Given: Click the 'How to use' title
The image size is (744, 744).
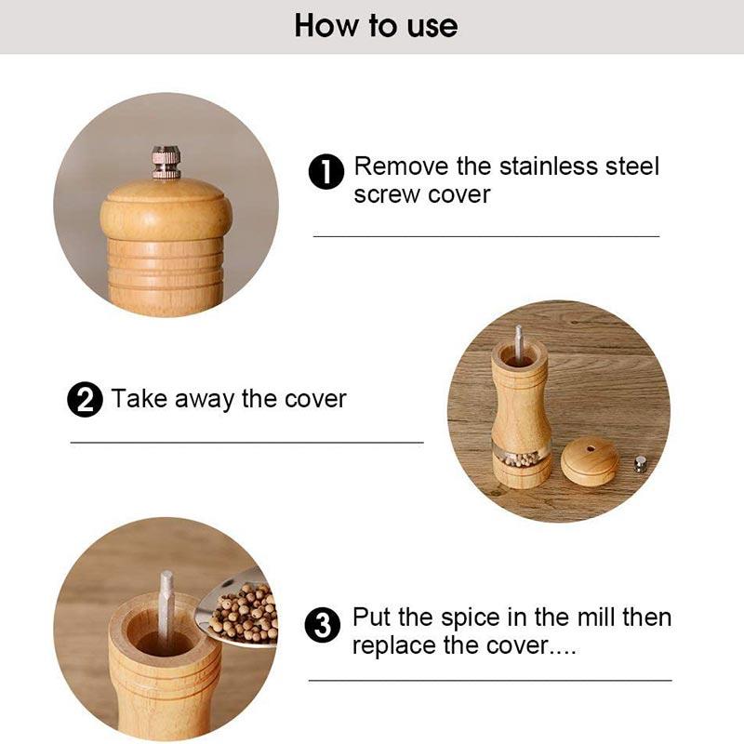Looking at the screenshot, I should [x=376, y=25].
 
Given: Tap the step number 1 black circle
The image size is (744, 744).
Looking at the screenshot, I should [x=326, y=172].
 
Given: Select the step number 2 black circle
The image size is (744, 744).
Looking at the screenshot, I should [x=85, y=401].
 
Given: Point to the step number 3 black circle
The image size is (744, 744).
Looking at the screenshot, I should [x=324, y=626].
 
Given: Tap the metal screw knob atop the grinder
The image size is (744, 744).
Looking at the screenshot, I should [x=166, y=161].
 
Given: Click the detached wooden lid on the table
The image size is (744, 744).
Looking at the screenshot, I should [x=590, y=463].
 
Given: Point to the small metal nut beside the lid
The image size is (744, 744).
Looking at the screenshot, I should [x=640, y=463].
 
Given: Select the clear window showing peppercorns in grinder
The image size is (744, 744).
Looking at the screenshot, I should [x=521, y=458].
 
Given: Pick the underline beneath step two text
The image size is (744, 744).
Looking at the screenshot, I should [x=246, y=442].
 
